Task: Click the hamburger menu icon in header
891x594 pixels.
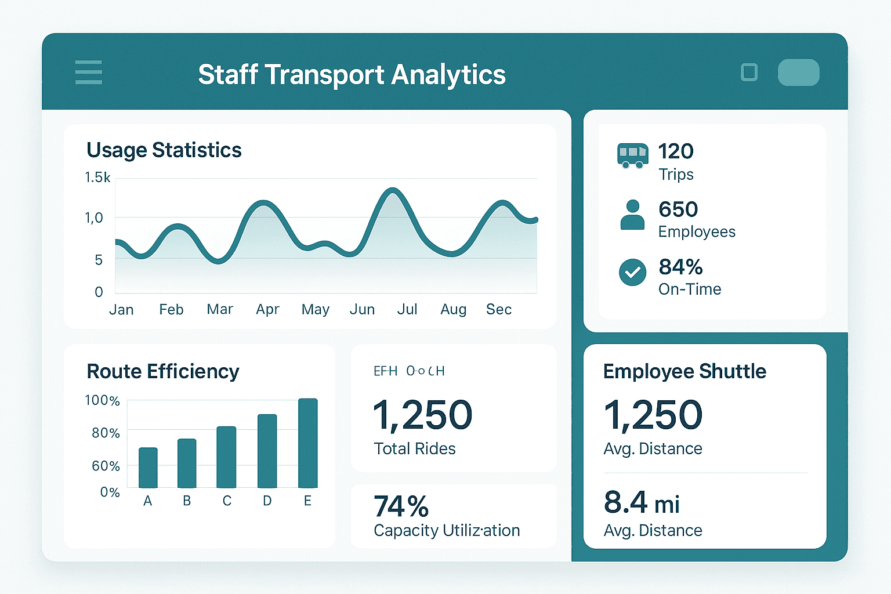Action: [89, 73]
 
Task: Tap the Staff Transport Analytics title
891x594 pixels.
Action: [352, 75]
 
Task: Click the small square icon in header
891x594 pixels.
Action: [749, 73]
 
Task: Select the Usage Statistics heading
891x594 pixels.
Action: [164, 150]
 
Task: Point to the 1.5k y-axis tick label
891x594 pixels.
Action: [97, 178]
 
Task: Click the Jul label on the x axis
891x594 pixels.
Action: [407, 309]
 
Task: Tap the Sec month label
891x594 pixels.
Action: [498, 309]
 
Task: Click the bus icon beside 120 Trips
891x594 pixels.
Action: [632, 155]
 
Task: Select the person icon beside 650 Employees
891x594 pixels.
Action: [632, 215]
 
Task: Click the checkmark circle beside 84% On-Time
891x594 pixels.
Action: [632, 272]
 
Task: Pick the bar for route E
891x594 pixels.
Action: [307, 443]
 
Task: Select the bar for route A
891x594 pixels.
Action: [148, 468]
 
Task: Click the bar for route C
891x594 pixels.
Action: [226, 457]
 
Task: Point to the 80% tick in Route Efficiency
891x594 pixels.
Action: [106, 433]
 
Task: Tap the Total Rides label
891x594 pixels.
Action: [415, 448]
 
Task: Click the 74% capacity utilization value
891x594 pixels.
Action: [401, 506]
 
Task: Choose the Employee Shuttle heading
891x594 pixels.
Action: [684, 371]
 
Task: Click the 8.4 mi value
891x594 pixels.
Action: [641, 503]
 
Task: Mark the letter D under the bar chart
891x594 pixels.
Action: [267, 501]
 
